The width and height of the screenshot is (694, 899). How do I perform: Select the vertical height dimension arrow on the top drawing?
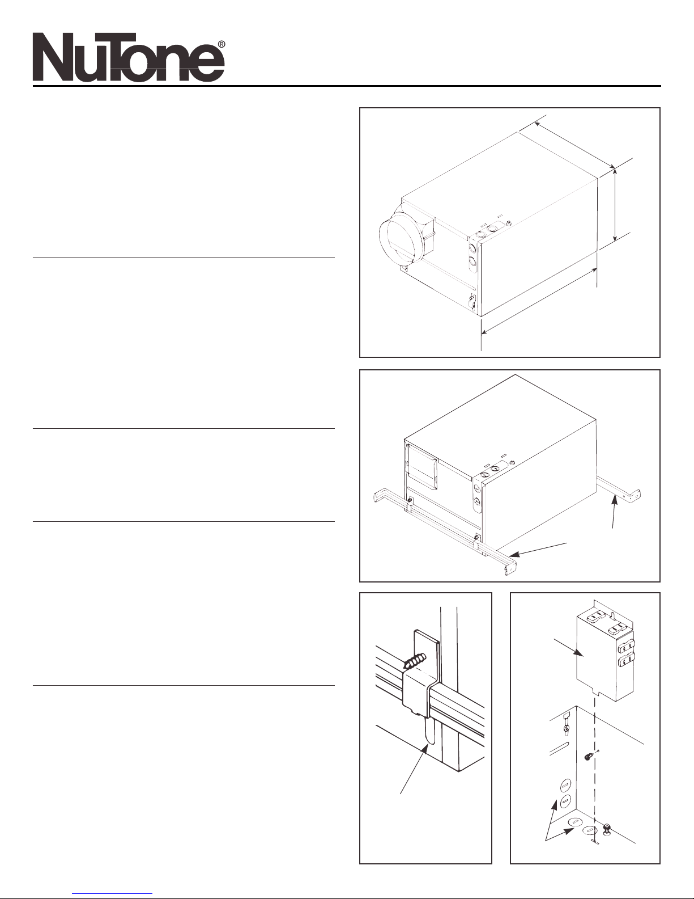(x=615, y=204)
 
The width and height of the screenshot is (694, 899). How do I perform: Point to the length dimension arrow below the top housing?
(x=539, y=301)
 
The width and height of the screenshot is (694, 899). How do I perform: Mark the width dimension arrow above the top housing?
(x=574, y=145)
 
